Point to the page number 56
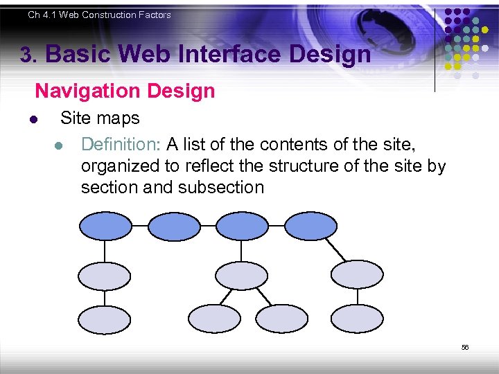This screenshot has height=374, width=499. [x=465, y=347]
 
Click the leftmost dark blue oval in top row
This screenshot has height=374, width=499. [x=105, y=226]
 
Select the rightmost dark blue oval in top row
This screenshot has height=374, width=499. [x=310, y=226]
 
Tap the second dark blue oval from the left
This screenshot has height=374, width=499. [x=174, y=226]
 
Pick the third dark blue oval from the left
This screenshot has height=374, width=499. [x=242, y=226]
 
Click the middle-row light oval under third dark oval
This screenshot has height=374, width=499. [x=241, y=276]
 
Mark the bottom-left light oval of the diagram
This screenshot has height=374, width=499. [x=104, y=319]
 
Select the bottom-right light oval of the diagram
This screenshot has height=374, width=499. [x=356, y=319]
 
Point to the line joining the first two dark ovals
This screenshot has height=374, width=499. [x=139, y=226]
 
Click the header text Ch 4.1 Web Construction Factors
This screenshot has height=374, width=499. [x=99, y=15]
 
